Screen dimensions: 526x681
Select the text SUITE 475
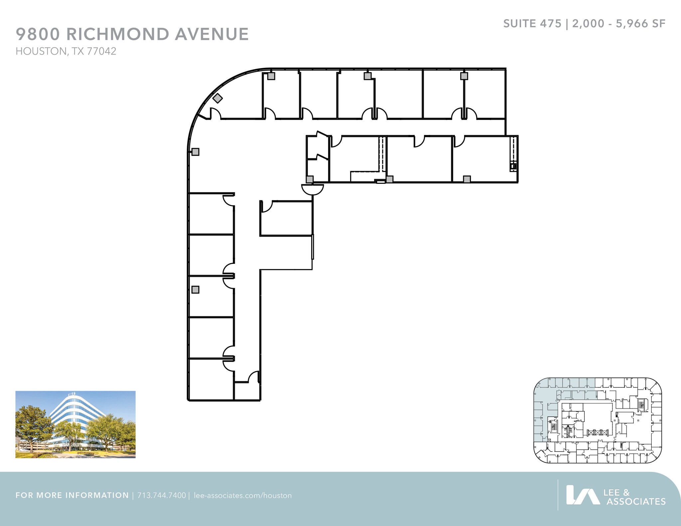click(532, 24)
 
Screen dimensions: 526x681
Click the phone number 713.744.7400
click(162, 495)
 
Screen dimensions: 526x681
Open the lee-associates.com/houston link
click(243, 495)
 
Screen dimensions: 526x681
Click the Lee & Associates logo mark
click(583, 495)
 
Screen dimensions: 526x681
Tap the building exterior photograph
click(75, 424)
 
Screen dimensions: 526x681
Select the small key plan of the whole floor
click(598, 420)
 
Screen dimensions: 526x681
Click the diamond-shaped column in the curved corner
click(217, 98)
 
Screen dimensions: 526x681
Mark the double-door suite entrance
click(313, 189)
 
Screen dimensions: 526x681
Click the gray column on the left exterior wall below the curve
click(196, 152)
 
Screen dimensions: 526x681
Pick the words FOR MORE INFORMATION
click(72, 495)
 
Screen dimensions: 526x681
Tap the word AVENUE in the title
click(212, 34)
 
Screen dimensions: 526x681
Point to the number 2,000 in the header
click(588, 24)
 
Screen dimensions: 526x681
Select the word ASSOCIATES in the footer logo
click(636, 501)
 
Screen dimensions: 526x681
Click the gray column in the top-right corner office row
click(464, 76)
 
